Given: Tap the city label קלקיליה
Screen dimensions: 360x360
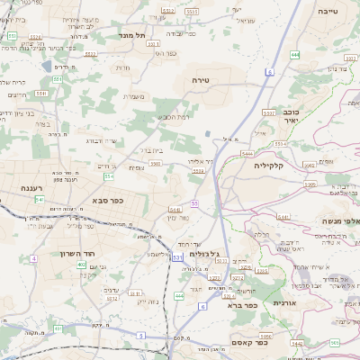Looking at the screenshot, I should pyautogui.click(x=268, y=165).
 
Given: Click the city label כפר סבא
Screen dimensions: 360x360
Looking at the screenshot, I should pyautogui.click(x=106, y=202).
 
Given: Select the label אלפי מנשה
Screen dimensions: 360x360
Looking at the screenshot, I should pyautogui.click(x=341, y=220).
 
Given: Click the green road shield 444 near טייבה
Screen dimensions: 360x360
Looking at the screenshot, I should pyautogui.click(x=295, y=55).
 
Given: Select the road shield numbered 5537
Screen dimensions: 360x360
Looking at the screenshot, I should pyautogui.click(x=269, y=112).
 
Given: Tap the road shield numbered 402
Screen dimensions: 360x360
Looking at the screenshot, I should pyautogui.click(x=81, y=265).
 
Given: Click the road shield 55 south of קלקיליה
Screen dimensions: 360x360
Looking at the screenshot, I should pyautogui.click(x=193, y=205).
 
